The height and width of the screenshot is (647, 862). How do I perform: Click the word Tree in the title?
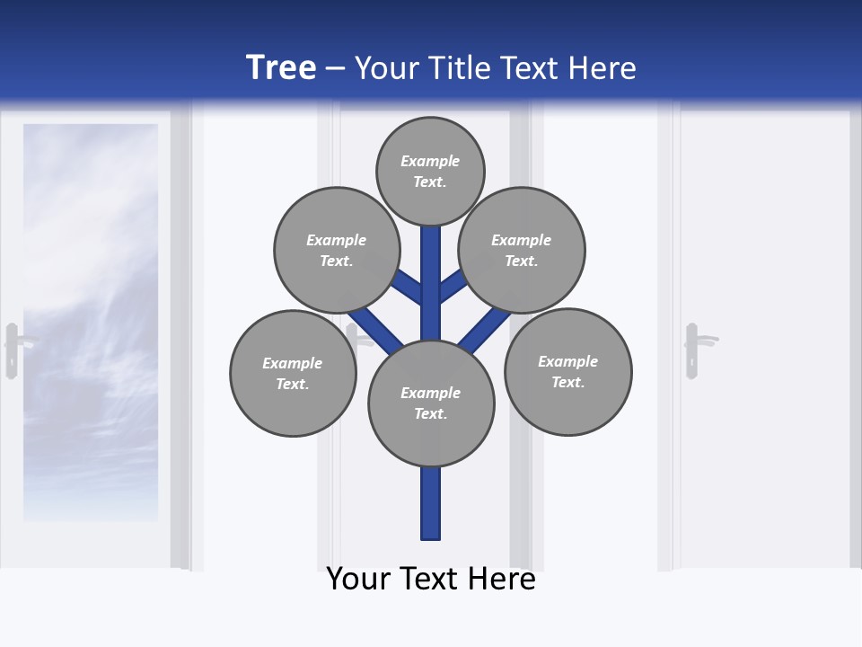click(281, 67)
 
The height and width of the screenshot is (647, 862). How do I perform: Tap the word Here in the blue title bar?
click(603, 68)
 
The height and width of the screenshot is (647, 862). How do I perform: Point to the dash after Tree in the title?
click(335, 69)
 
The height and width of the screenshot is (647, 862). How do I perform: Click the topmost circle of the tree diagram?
click(430, 172)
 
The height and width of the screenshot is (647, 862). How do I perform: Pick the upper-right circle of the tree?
click(522, 250)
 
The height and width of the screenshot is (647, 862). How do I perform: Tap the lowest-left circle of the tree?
click(293, 373)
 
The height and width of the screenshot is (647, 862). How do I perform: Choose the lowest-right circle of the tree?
click(567, 371)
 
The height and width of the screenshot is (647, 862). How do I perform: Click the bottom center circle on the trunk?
click(431, 403)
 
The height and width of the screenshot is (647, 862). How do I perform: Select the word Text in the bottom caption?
click(434, 579)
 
